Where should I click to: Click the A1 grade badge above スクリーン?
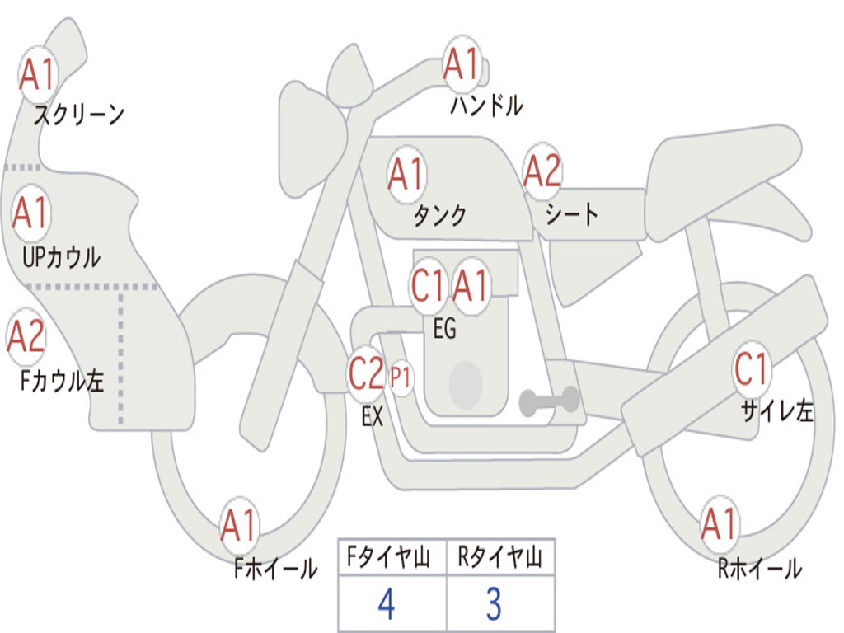pyautogui.click(x=37, y=73)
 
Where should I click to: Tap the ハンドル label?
pyautogui.click(x=486, y=105)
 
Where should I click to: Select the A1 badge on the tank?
pyautogui.click(x=406, y=174)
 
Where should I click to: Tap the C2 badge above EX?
pyautogui.click(x=366, y=375)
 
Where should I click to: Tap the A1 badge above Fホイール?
pyautogui.click(x=240, y=524)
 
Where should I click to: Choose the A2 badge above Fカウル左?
pyautogui.click(x=26, y=337)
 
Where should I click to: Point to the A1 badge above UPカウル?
pyautogui.click(x=31, y=213)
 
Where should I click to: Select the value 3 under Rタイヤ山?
pyautogui.click(x=494, y=604)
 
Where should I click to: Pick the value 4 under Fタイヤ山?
pyautogui.click(x=386, y=604)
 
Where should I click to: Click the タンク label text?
pyautogui.click(x=439, y=216)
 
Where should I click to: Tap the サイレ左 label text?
pyautogui.click(x=776, y=411)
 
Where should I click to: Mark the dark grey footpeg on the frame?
pyautogui.click(x=549, y=401)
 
